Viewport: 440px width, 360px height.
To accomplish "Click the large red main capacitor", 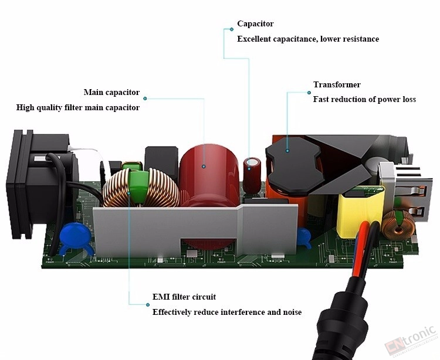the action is pos(208,175).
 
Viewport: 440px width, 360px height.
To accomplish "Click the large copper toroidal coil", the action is pos(141,188).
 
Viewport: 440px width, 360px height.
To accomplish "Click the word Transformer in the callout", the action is pos(337,84).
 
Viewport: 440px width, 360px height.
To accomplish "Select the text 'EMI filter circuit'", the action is pos(184,297).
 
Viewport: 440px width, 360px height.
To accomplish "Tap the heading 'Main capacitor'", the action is pos(111,92).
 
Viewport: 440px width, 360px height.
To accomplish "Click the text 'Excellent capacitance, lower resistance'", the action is pos(308,39).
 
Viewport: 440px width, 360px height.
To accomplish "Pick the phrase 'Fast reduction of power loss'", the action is pos(364,100).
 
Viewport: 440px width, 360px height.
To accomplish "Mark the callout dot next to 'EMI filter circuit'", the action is pos(148,305).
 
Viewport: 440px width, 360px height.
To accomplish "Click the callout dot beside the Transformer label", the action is pos(309,93).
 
